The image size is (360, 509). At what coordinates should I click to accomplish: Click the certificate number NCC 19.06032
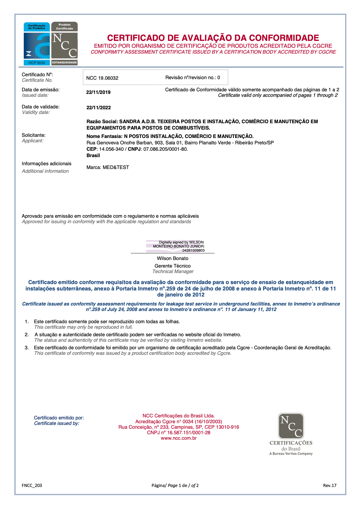pos(102,78)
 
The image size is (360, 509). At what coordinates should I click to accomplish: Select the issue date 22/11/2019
pos(98,92)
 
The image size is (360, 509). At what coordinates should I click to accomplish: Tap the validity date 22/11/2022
pos(99,108)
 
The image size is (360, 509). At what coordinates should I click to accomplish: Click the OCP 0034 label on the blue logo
pos(37,63)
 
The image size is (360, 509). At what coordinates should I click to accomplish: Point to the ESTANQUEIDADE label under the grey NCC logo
pos(64,63)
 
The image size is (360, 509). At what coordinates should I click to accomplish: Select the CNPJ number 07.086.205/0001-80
pos(165,149)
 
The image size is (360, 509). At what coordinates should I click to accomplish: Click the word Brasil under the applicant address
pos(93,155)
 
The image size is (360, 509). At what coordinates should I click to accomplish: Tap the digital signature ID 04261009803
pos(193,250)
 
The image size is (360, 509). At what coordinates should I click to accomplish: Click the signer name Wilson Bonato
pos(172,258)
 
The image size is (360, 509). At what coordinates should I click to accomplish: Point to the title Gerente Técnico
pos(172,266)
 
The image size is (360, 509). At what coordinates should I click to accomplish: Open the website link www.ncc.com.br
pos(179,438)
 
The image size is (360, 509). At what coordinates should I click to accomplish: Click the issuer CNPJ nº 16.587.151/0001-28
pos(179,432)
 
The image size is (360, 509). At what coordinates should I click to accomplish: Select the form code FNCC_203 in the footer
pos(32,485)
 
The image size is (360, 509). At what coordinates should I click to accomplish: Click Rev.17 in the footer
pos(330,485)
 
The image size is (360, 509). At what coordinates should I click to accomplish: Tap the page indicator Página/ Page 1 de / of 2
pos(175,485)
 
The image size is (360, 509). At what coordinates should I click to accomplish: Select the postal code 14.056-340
pos(111,149)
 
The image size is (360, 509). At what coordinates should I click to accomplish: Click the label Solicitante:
pos(34,135)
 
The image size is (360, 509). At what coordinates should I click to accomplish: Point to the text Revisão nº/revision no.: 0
pos(192,77)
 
